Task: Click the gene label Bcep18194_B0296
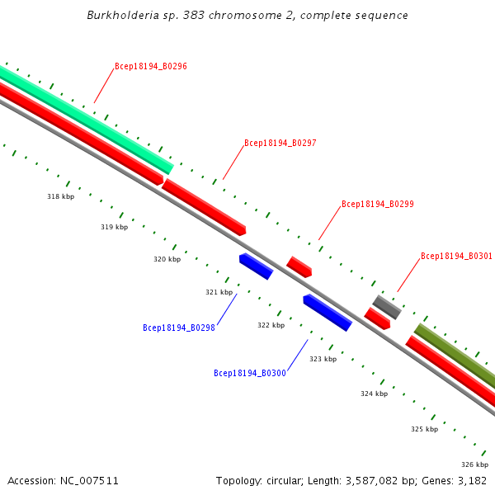coord(151,66)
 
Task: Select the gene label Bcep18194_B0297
coord(280,144)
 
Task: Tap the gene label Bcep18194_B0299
coord(378,204)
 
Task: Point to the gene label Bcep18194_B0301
coord(456,257)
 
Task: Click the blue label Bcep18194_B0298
coord(179,328)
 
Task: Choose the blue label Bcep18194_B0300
coord(250,374)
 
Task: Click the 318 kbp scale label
coord(60,196)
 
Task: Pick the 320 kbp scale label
coord(167,259)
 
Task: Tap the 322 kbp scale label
coord(271,325)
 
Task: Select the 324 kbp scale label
coord(374,394)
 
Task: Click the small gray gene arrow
coord(386,307)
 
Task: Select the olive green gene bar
coord(454,351)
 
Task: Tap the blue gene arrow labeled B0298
coord(256,266)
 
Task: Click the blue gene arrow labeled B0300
coord(327,313)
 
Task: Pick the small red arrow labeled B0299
coord(299,266)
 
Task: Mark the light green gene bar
coord(82,120)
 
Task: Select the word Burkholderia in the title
coord(117,16)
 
